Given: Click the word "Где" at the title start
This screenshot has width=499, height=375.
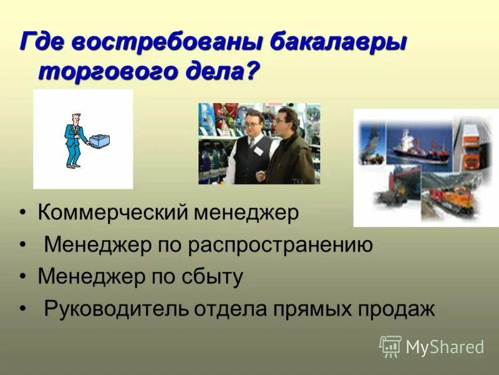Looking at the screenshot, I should [x=42, y=43].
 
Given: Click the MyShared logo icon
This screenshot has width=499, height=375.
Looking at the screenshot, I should [x=390, y=346].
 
